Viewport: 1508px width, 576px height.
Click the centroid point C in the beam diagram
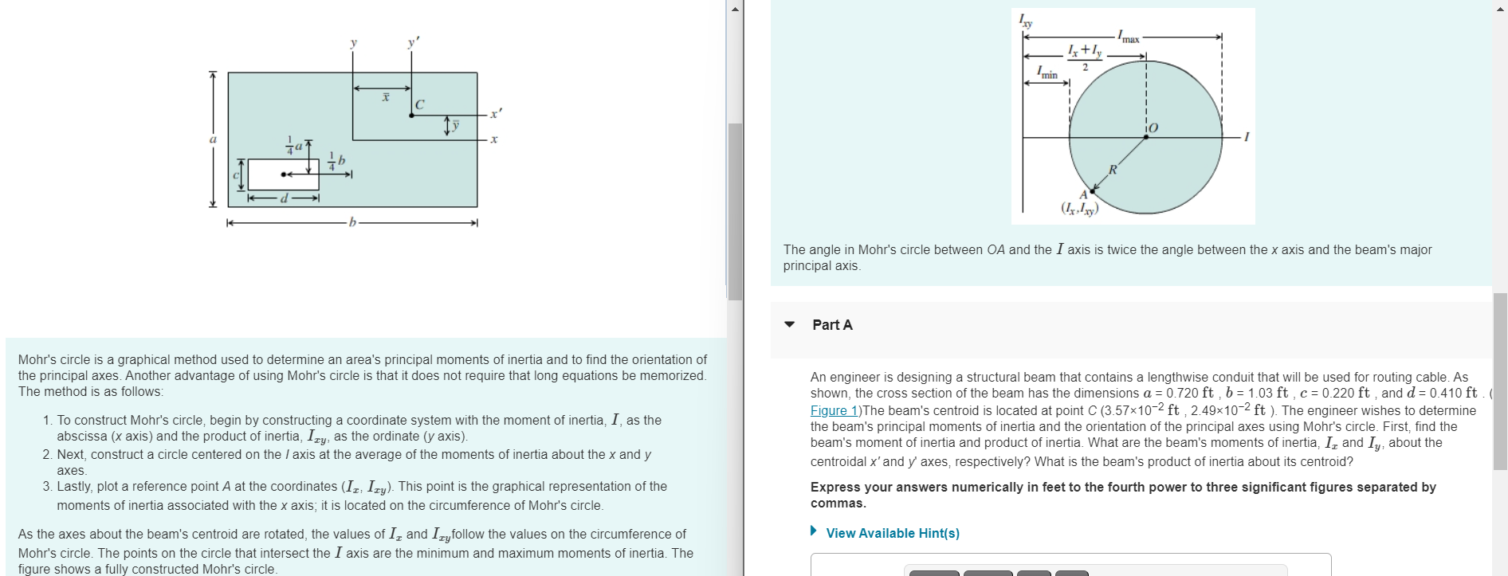(x=411, y=116)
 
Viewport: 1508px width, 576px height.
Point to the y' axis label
(x=413, y=43)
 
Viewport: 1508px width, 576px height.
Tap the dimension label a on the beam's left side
(x=213, y=139)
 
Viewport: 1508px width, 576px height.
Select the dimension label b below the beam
(x=351, y=222)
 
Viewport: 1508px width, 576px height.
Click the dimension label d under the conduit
(x=284, y=198)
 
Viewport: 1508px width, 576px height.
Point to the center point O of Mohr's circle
(x=1146, y=136)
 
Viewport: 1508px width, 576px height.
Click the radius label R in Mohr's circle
(x=1113, y=169)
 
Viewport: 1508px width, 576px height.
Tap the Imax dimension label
(x=1128, y=37)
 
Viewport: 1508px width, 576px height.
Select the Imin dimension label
(x=1047, y=74)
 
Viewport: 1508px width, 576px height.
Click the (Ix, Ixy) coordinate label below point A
(x=1079, y=209)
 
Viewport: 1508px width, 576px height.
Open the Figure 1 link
(x=834, y=410)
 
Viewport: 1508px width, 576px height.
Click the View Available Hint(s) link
(x=893, y=533)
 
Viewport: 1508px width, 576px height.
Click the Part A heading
(x=832, y=324)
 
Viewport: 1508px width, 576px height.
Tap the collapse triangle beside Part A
(x=789, y=324)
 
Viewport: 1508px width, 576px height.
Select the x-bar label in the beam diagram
(x=385, y=96)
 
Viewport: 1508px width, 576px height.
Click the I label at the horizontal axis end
(x=1247, y=137)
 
